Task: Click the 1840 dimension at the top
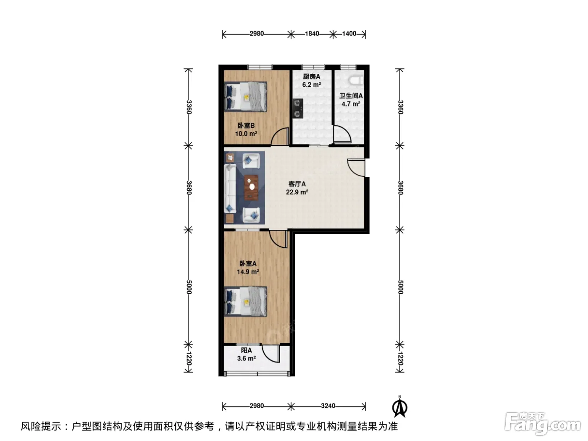tap(312, 34)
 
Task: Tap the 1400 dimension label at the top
tap(349, 34)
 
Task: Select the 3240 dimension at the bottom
tap(328, 406)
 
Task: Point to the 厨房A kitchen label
tap(312, 76)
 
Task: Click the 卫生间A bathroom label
tap(351, 96)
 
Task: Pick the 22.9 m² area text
tap(297, 192)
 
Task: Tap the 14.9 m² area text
tap(248, 272)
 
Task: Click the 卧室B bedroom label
tap(246, 125)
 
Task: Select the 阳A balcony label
tap(246, 350)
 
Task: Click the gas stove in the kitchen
tap(298, 108)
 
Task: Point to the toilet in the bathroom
tap(356, 80)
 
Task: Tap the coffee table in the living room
tap(251, 187)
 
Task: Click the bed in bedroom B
tap(246, 97)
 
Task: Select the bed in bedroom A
tap(246, 302)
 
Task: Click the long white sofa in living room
tap(230, 189)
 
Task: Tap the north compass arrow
tap(399, 407)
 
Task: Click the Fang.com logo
tap(543, 424)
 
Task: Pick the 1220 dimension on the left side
tap(188, 358)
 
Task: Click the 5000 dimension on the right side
tap(400, 287)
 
